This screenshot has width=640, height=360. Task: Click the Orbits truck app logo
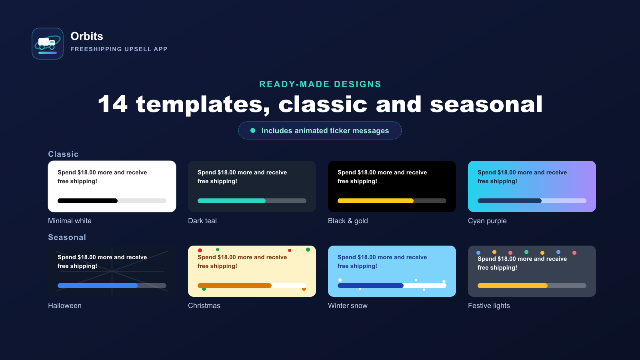48,44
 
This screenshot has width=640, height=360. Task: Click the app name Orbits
86,36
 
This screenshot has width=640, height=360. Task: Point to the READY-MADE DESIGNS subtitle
320,84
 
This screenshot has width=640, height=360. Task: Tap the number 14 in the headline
112,104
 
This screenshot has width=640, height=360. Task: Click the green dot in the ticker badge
252,130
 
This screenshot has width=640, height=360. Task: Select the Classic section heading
63,154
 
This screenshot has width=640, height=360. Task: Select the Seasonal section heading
67,237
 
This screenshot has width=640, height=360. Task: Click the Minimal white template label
70,221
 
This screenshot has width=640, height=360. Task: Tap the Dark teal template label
202,221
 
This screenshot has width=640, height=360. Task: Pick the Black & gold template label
348,221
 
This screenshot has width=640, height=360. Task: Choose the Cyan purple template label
487,221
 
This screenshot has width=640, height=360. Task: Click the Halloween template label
64,306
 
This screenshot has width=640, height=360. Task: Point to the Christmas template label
204,306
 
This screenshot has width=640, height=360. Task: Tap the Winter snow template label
348,306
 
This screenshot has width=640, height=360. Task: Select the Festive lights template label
488,306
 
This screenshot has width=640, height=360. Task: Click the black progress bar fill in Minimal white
88,201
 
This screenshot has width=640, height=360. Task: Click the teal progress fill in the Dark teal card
232,201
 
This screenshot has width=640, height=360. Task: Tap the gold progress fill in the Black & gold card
376,201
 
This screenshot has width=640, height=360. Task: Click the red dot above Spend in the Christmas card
200,250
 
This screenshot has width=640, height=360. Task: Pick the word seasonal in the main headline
486,104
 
